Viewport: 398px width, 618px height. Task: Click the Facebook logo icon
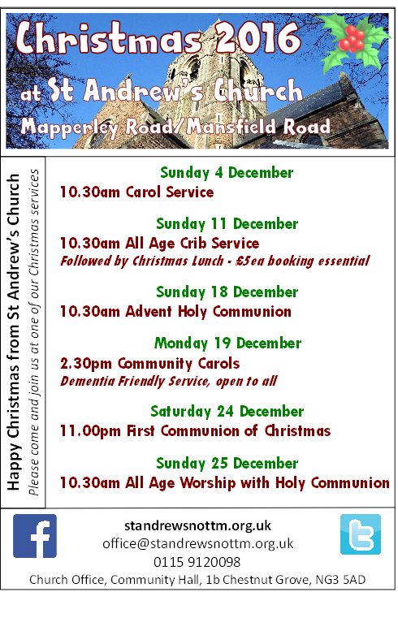coord(35,536)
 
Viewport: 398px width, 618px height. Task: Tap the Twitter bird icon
coord(360,534)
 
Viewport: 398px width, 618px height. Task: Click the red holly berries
coord(352,39)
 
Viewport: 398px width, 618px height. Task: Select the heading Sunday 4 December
coord(227,173)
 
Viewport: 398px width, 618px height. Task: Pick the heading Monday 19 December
coord(227,343)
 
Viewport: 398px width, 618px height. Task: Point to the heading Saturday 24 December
coord(227,411)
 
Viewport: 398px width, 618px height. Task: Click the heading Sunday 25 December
coord(227,463)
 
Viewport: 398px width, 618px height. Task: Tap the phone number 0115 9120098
coord(197,562)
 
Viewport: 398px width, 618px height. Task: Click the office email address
coord(198,543)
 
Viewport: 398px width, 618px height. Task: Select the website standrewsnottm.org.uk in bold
coord(198,525)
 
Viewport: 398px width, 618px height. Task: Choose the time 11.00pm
coord(90,431)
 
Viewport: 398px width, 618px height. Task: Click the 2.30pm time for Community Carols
coord(86,363)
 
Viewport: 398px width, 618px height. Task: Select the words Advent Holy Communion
coord(209,312)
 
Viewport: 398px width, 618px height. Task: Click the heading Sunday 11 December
coord(227,224)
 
